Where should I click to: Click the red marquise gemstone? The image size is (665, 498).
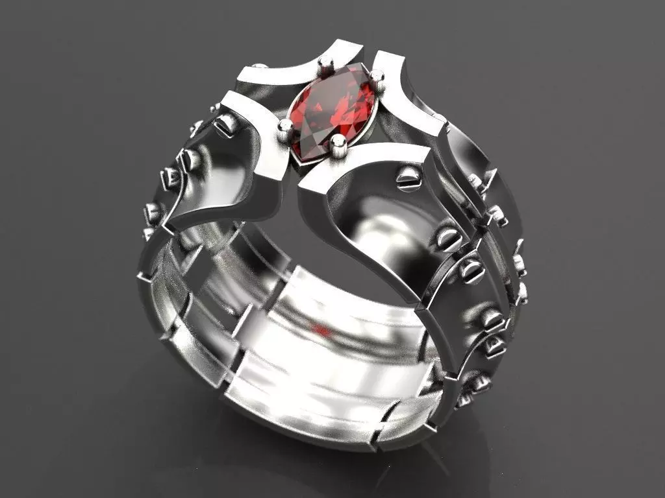pos(331,117)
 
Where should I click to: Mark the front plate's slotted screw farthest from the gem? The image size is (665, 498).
pos(471,270)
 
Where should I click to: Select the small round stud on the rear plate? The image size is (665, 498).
pos(259,66)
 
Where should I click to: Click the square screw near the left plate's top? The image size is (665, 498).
pos(225,126)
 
